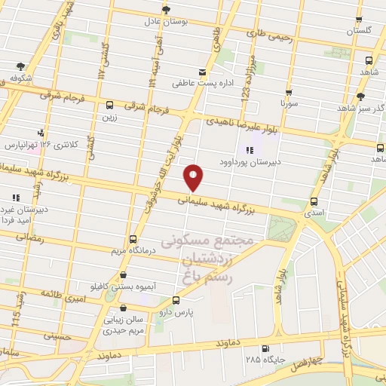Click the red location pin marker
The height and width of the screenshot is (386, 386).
pyautogui.click(x=194, y=177)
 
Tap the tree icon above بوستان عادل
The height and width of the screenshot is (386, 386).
pyautogui.click(x=166, y=10)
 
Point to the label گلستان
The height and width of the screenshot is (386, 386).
pyautogui.click(x=360, y=31)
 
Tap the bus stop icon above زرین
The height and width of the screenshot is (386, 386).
pyautogui.click(x=110, y=106)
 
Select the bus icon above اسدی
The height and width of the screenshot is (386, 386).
pyautogui.click(x=314, y=201)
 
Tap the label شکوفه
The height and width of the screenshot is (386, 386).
pyautogui.click(x=21, y=77)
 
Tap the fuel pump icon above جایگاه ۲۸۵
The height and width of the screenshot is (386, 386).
pyautogui.click(x=265, y=348)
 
